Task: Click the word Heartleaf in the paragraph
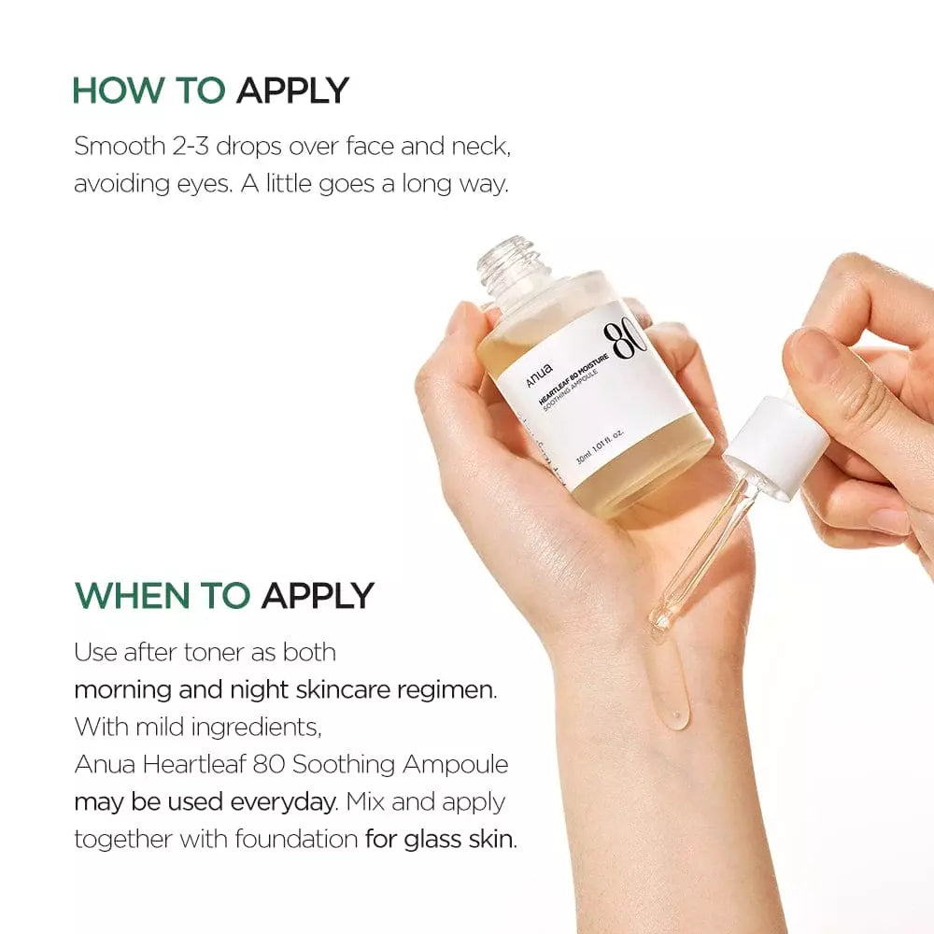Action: [x=187, y=764]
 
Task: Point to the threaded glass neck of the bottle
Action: [x=508, y=261]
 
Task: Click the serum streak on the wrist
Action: [x=672, y=691]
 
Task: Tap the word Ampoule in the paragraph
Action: [x=457, y=764]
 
